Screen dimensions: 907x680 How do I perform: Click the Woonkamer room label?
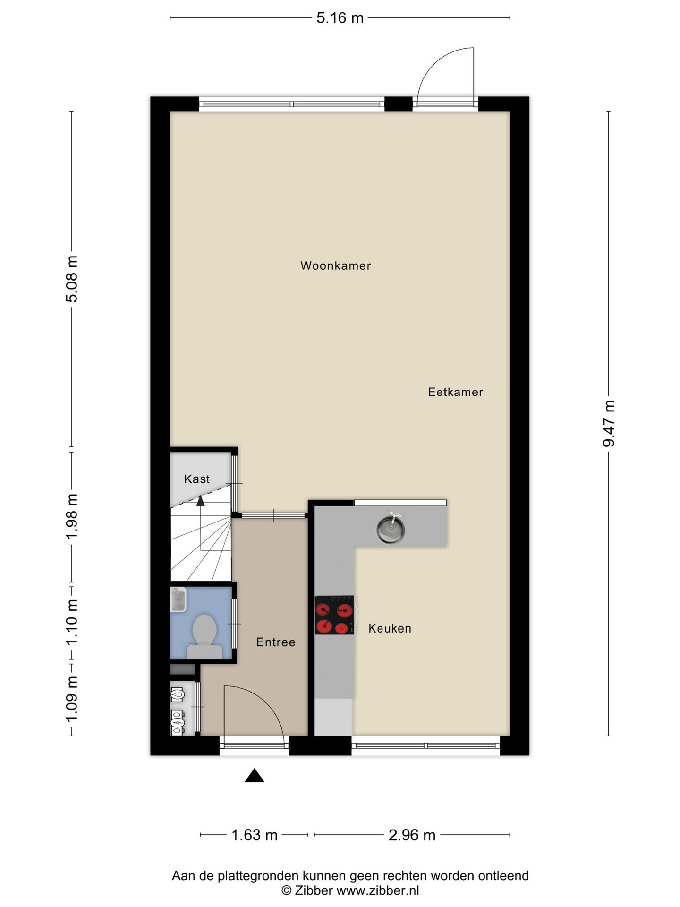pyautogui.click(x=335, y=265)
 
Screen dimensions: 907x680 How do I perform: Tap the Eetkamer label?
pyautogui.click(x=455, y=392)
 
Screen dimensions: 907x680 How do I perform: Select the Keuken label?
pyautogui.click(x=390, y=628)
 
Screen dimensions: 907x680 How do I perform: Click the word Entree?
pyautogui.click(x=276, y=642)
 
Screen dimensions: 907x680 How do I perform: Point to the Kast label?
pyautogui.click(x=197, y=479)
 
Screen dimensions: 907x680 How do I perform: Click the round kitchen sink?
pyautogui.click(x=391, y=530)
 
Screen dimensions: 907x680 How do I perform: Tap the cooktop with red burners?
pyautogui.click(x=334, y=615)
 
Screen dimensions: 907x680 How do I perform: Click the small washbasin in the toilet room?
pyautogui.click(x=178, y=599)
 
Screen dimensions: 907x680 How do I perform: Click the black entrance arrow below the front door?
pyautogui.click(x=254, y=776)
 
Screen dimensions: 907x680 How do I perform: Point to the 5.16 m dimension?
pyautogui.click(x=340, y=18)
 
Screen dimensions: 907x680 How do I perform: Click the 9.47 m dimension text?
pyautogui.click(x=609, y=423)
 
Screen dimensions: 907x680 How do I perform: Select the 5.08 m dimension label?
pyautogui.click(x=72, y=279)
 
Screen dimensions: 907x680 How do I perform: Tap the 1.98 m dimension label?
pyautogui.click(x=72, y=516)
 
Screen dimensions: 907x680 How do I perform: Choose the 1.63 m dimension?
pyautogui.click(x=254, y=835)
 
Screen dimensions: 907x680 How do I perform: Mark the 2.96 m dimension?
pyautogui.click(x=412, y=835)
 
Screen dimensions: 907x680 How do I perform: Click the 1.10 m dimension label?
pyautogui.click(x=72, y=622)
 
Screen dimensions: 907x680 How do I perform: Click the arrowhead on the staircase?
pyautogui.click(x=201, y=500)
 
